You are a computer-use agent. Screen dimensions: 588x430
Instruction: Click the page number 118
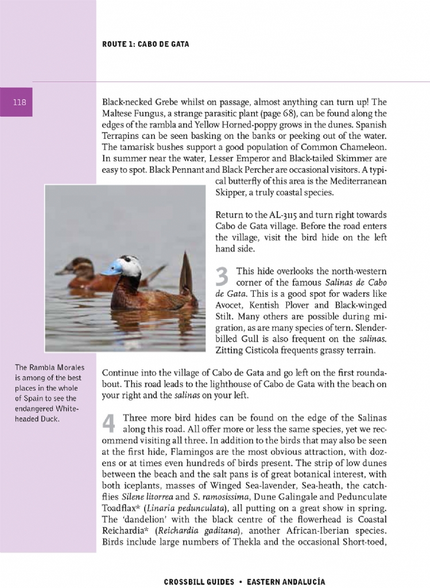pyautogui.click(x=20, y=102)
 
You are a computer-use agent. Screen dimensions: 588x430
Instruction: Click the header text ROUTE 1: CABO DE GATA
pyautogui.click(x=145, y=44)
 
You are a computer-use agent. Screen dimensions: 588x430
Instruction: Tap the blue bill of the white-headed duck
pyautogui.click(x=112, y=267)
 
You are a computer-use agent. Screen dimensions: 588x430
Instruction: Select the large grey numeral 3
pyautogui.click(x=222, y=277)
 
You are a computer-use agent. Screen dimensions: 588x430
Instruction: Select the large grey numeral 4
pyautogui.click(x=109, y=423)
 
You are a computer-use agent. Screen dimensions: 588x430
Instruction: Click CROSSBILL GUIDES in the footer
pyautogui.click(x=199, y=582)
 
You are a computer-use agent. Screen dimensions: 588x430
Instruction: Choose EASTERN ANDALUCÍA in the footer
pyautogui.click(x=286, y=582)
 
